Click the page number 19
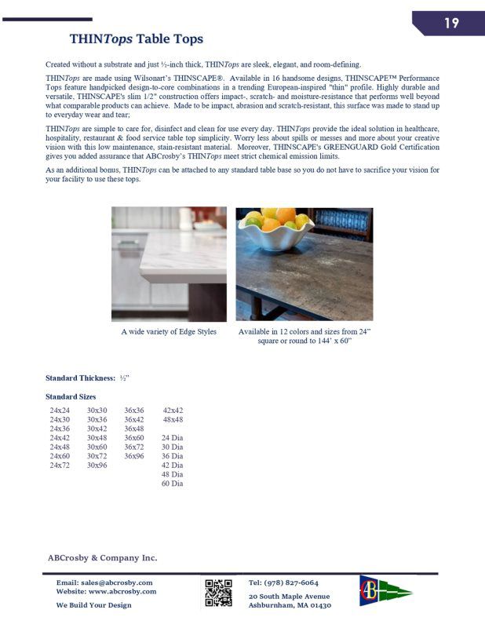pyautogui.click(x=451, y=23)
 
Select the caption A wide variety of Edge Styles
pyautogui.click(x=169, y=332)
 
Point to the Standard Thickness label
pyautogui.click(x=81, y=378)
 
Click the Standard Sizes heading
pyautogui.click(x=71, y=397)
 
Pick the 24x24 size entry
pyautogui.click(x=60, y=411)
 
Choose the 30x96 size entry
pyautogui.click(x=97, y=466)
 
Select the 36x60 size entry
pyautogui.click(x=134, y=438)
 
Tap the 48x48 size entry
pyautogui.click(x=173, y=420)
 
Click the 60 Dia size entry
pyautogui.click(x=173, y=484)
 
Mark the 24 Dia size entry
pyautogui.click(x=173, y=438)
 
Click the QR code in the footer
pyautogui.click(x=218, y=593)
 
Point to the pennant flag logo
pyautogui.click(x=385, y=591)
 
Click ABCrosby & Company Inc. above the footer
pyautogui.click(x=103, y=558)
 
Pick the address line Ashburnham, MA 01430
pyautogui.click(x=290, y=605)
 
